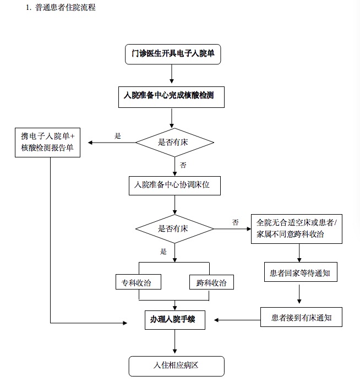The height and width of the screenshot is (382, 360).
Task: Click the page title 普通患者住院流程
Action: [66, 7]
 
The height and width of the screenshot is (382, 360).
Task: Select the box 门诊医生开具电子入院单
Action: [173, 54]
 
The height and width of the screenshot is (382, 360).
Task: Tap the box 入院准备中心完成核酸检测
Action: [171, 97]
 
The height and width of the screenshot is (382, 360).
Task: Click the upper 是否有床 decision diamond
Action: [174, 143]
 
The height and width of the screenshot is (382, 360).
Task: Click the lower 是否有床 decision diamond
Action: [174, 229]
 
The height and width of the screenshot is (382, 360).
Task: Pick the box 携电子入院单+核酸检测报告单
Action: [47, 143]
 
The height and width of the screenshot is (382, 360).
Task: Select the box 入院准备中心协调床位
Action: [174, 185]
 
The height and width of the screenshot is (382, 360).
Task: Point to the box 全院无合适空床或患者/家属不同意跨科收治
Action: [297, 229]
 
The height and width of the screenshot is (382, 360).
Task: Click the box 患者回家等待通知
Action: [301, 272]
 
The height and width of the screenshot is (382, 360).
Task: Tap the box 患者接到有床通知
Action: [301, 317]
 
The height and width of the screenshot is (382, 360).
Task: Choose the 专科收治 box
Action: [138, 282]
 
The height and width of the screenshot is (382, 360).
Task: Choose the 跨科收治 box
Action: [211, 282]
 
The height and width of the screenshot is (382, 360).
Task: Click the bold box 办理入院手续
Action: [175, 320]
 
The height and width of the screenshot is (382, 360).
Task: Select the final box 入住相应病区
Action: [176, 366]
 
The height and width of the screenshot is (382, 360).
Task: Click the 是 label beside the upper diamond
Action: [118, 136]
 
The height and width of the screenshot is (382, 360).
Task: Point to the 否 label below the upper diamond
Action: [183, 165]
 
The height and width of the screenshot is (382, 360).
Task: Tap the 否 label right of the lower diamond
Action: [235, 222]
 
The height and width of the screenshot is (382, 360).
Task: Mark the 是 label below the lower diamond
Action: [163, 252]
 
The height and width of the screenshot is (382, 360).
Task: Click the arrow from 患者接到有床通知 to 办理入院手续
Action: [237, 320]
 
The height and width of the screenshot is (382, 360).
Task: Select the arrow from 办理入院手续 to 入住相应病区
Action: [174, 342]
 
